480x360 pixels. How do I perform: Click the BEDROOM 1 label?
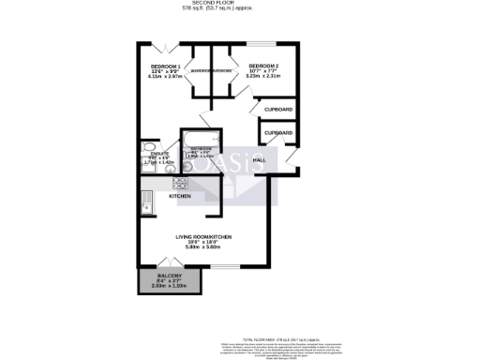tap(165, 67)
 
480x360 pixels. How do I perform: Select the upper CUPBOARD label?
tap(278, 110)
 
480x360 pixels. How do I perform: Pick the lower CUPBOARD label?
tap(278, 133)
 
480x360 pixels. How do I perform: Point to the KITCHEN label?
tap(180, 197)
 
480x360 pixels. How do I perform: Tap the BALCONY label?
tap(170, 274)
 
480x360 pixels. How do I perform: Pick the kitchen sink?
tap(145, 201)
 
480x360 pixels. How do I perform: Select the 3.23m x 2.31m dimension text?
tap(264, 78)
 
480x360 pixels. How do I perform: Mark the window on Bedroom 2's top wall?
tap(265, 42)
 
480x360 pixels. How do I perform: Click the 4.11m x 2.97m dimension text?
tap(165, 78)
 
